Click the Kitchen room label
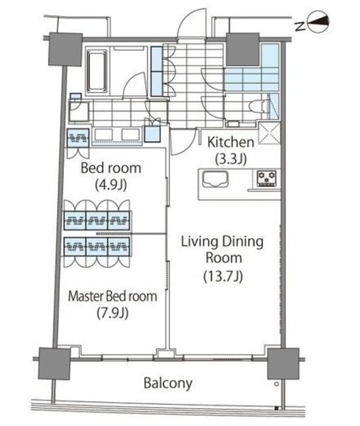pyautogui.click(x=231, y=142)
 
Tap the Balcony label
pyautogui.click(x=168, y=383)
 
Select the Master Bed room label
pyautogui.click(x=112, y=296)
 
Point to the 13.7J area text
pyautogui.click(x=223, y=276)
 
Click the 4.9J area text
pyautogui.click(x=111, y=185)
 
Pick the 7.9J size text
pyautogui.click(x=112, y=313)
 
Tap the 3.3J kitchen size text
pyautogui.click(x=231, y=159)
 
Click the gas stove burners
pyautogui.click(x=267, y=178)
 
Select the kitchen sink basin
pyautogui.click(x=216, y=179)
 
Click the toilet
pyautogui.click(x=259, y=106)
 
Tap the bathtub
pyautogui.click(x=96, y=71)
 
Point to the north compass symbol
pyautogui.click(x=319, y=22)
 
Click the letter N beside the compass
pyautogui.click(x=300, y=26)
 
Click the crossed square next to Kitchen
pyautogui.click(x=269, y=133)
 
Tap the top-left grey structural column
pyautogui.click(x=65, y=49)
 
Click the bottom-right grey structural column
pyautogui.click(x=283, y=364)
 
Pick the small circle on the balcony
pyautogui.click(x=276, y=384)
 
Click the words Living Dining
pyautogui.click(x=222, y=242)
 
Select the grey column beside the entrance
pyautogui.click(x=243, y=49)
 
